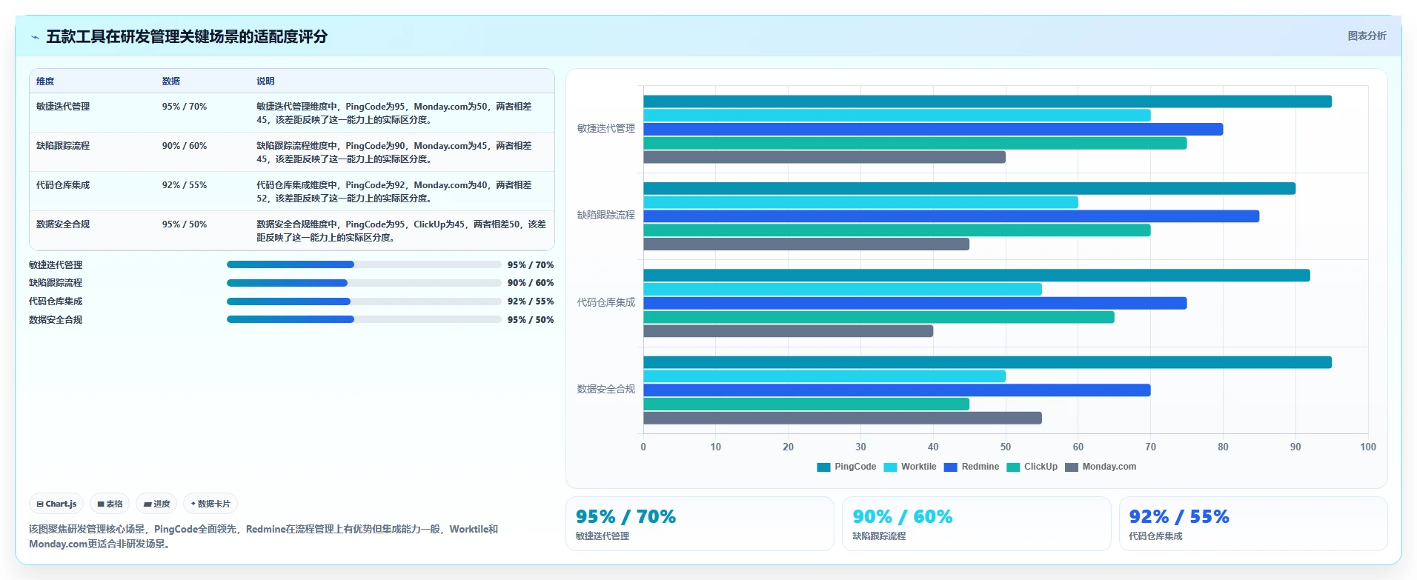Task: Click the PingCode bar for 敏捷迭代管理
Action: click(x=987, y=101)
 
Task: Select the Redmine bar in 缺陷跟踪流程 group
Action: click(x=951, y=216)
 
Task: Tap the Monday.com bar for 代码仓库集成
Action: click(x=788, y=331)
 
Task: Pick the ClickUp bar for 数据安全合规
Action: click(x=806, y=404)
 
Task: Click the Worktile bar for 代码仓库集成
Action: click(x=843, y=289)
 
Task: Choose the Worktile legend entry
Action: click(x=910, y=467)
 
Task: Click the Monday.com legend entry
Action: click(x=1101, y=467)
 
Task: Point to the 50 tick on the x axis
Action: click(x=1006, y=447)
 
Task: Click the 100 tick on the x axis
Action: click(x=1368, y=447)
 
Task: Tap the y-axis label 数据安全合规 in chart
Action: click(x=606, y=389)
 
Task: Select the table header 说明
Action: click(x=265, y=81)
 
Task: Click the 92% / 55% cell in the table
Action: click(x=185, y=185)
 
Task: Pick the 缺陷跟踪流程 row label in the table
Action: click(x=63, y=146)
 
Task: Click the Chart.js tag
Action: click(x=56, y=504)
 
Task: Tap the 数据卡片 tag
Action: click(x=210, y=504)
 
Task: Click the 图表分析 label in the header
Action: click(x=1367, y=36)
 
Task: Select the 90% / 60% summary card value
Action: click(x=903, y=516)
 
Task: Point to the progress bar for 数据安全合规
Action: click(x=364, y=320)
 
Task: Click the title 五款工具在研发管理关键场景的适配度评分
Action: click(x=187, y=36)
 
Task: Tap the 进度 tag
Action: click(x=156, y=504)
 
